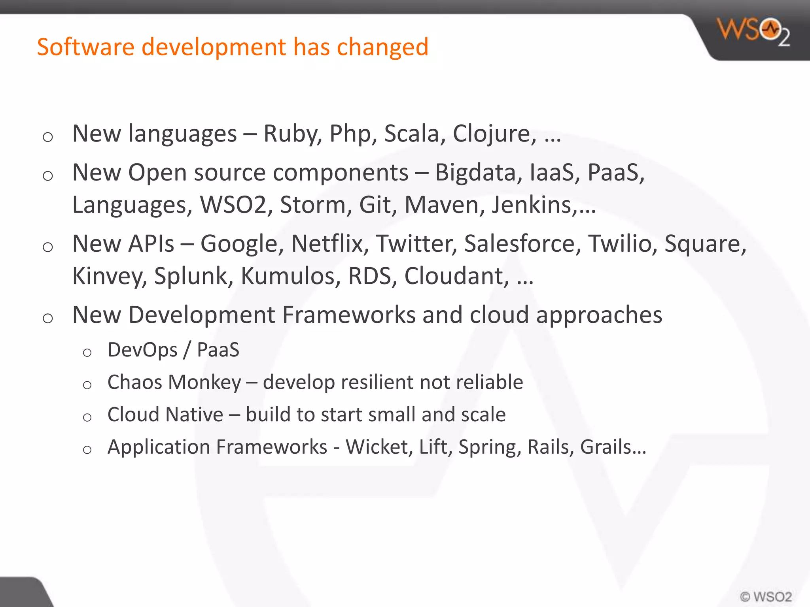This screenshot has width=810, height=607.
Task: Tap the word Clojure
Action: (495, 134)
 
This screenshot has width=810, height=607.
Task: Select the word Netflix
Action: (327, 243)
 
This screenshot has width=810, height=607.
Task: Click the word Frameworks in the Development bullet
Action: (349, 315)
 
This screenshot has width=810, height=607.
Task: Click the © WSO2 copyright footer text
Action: (766, 596)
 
